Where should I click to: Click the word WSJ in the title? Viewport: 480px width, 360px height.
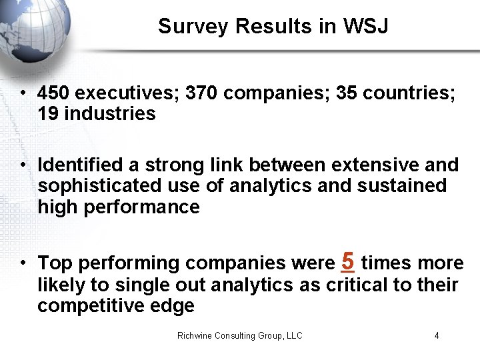[365, 27]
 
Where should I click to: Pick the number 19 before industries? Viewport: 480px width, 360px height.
[48, 114]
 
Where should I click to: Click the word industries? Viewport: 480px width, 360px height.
[110, 114]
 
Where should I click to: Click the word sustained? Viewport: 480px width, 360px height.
[402, 185]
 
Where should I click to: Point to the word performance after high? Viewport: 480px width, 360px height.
[141, 207]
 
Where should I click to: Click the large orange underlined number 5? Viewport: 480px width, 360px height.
[347, 261]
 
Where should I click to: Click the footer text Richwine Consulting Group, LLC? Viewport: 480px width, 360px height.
[239, 336]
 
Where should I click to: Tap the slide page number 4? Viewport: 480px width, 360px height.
[437, 336]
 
